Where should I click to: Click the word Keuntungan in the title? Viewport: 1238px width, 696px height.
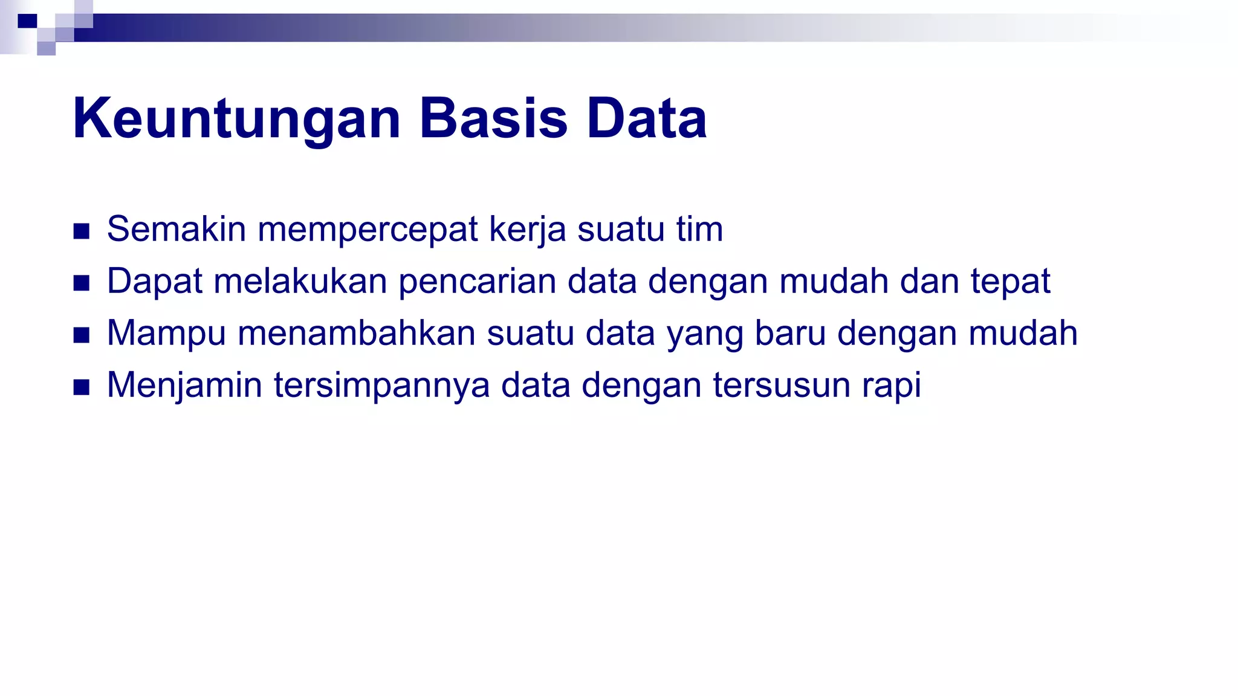click(x=236, y=119)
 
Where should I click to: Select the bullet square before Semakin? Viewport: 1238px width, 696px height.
click(x=81, y=231)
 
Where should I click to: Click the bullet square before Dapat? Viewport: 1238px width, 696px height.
click(x=81, y=283)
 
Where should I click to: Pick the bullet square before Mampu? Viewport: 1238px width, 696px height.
click(x=81, y=335)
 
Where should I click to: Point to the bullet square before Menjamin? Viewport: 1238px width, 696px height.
click(x=81, y=387)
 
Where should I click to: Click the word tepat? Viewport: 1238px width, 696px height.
click(x=1011, y=282)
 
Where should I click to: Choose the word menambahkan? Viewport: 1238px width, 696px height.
click(x=357, y=333)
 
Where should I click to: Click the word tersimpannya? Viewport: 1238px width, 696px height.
click(x=381, y=386)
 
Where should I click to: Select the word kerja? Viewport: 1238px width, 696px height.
click(x=527, y=230)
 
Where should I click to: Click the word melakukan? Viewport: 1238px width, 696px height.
click(x=300, y=281)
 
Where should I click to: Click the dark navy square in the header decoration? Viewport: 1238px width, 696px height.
click(x=27, y=21)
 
